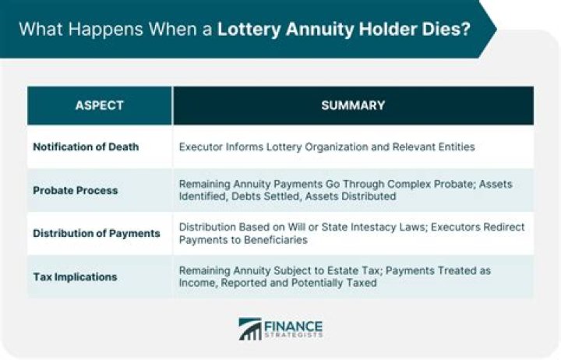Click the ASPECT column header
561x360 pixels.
[x=99, y=105]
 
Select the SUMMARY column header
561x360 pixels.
[x=352, y=105]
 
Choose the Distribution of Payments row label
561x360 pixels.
[x=97, y=233]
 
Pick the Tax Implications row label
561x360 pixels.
[x=75, y=277]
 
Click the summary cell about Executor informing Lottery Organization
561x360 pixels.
[x=327, y=146]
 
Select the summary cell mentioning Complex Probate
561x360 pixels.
[x=351, y=190]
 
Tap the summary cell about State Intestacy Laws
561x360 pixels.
[x=351, y=233]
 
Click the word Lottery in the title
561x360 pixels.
[x=248, y=30]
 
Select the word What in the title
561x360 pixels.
[x=38, y=30]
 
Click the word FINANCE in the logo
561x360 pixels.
[x=294, y=325]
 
